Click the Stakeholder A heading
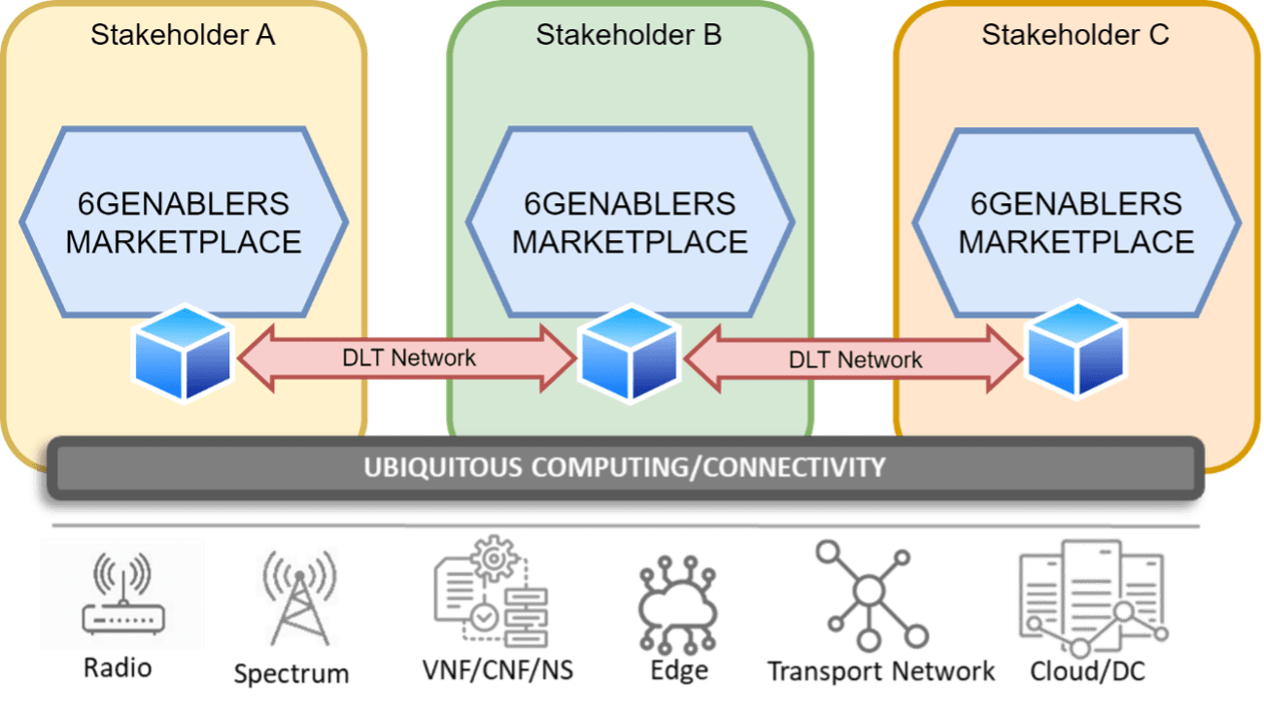click(x=183, y=36)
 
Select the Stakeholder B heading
click(x=629, y=36)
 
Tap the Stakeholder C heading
click(x=1075, y=36)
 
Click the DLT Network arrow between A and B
click(x=407, y=357)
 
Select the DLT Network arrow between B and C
click(x=854, y=359)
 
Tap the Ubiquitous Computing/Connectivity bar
click(x=624, y=467)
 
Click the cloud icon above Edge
click(x=678, y=603)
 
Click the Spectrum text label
click(x=291, y=673)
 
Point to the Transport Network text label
click(x=881, y=671)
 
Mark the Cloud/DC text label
click(x=1087, y=671)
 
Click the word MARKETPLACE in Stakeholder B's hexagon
click(x=630, y=241)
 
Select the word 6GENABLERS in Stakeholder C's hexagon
click(x=1076, y=204)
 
